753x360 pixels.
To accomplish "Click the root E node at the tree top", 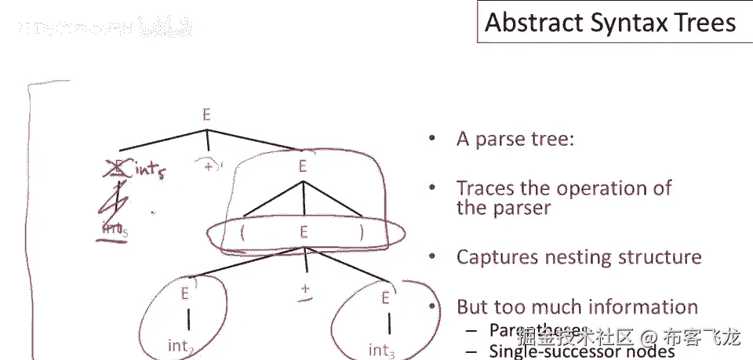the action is pos(206,115).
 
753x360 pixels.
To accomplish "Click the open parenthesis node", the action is pos(245,232).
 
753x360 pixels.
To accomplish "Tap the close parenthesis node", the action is pos(362,232).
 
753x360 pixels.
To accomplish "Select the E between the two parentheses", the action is pos(303,232).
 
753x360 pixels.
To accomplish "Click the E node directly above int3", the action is pos(385,297).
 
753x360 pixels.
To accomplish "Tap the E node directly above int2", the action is pos(186,294).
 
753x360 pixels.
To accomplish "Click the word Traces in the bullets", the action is pos(484,188).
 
